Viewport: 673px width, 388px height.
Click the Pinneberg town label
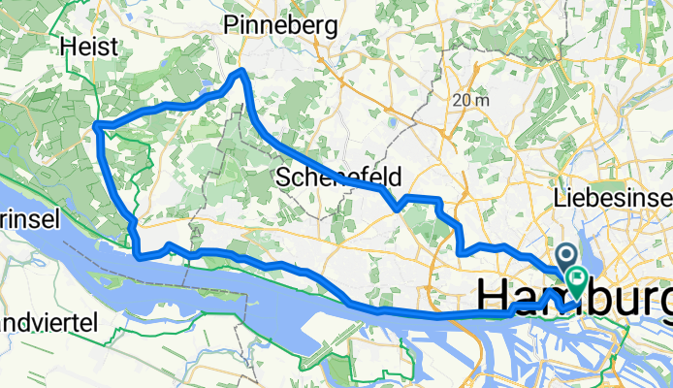pyautogui.click(x=280, y=27)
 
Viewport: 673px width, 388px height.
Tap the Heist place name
pyautogui.click(x=88, y=46)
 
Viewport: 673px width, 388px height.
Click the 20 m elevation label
pyautogui.click(x=470, y=100)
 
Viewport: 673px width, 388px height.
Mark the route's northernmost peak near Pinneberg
pyautogui.click(x=240, y=73)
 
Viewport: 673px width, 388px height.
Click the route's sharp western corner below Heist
pyautogui.click(x=95, y=124)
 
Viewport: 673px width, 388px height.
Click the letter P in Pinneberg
pyautogui.click(x=231, y=27)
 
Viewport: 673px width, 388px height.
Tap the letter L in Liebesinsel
pyautogui.click(x=559, y=198)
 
